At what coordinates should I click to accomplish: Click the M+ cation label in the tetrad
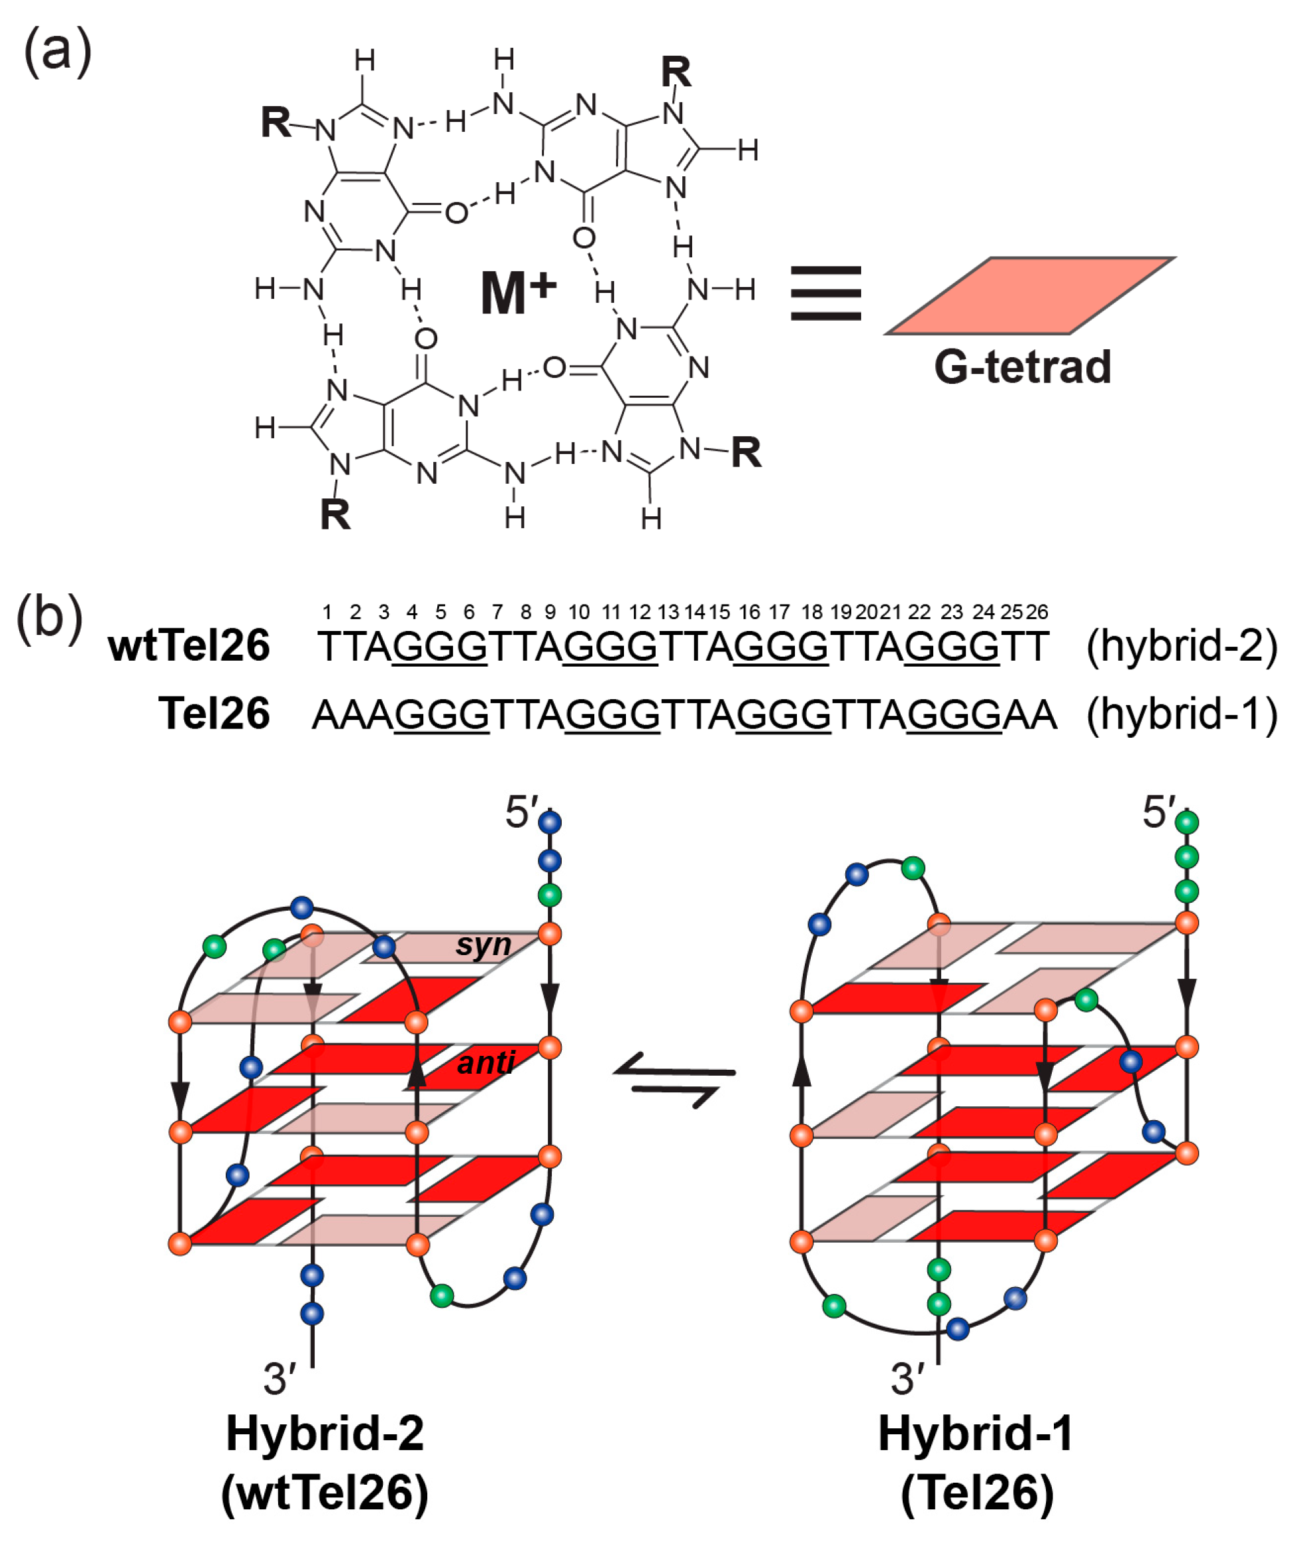(517, 292)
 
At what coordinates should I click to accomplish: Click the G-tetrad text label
(1021, 367)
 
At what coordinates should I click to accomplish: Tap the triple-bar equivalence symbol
(825, 293)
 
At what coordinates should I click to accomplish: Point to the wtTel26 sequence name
(189, 646)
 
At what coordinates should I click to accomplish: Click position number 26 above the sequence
(1037, 612)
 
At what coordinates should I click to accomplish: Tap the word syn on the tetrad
(483, 945)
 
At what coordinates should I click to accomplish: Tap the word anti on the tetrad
(486, 1062)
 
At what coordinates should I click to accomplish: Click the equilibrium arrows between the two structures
(674, 1084)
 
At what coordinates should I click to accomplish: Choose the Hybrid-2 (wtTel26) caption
(325, 1462)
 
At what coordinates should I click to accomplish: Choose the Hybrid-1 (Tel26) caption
(977, 1462)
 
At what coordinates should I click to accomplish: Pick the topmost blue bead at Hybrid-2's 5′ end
(549, 822)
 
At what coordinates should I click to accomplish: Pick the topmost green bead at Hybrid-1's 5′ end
(1187, 821)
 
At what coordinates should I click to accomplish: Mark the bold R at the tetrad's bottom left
(335, 514)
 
